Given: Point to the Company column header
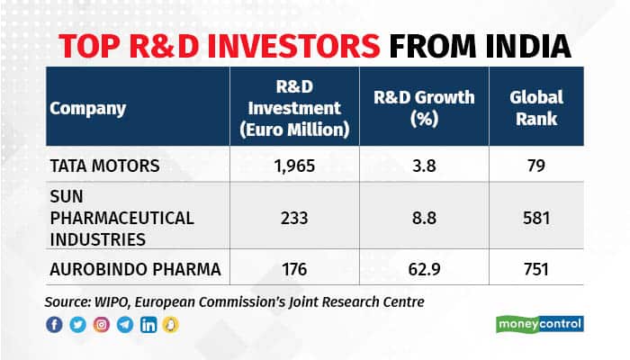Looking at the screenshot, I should pos(87,109).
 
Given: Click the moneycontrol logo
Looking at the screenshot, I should pos(540,323).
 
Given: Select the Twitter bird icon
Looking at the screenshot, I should pos(77,325).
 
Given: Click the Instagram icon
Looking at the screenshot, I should pos(102,325).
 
